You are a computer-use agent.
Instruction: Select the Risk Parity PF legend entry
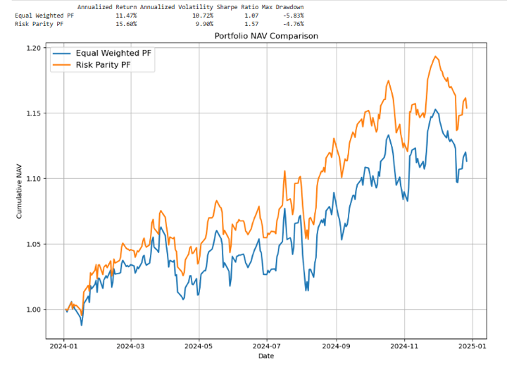pyautogui.click(x=102, y=66)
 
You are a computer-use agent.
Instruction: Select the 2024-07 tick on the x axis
pyautogui.click(x=266, y=346)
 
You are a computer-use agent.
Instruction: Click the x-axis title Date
pyautogui.click(x=266, y=357)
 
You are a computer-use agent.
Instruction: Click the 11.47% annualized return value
pyautogui.click(x=126, y=15)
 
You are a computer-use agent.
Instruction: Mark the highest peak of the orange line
pyautogui.click(x=436, y=56)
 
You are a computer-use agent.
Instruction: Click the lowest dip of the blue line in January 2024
pyautogui.click(x=82, y=325)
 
